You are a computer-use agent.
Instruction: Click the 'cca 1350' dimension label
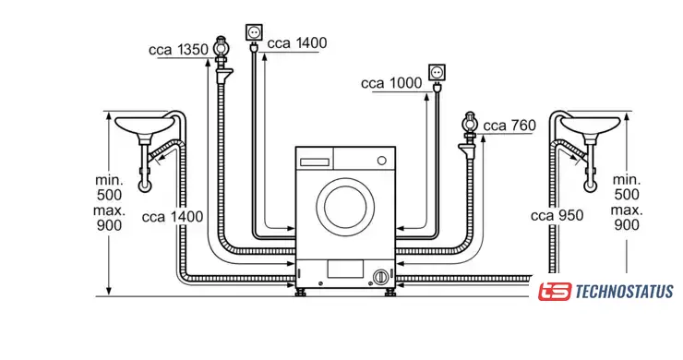(178, 50)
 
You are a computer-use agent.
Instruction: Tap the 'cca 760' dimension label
(509, 126)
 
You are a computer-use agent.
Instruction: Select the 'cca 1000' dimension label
(391, 83)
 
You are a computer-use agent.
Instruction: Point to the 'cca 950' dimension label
(557, 215)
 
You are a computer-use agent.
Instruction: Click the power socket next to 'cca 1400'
(254, 32)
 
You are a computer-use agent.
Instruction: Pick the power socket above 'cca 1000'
(437, 72)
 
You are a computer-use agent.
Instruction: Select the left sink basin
(144, 125)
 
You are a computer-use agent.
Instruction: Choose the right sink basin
(590, 125)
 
